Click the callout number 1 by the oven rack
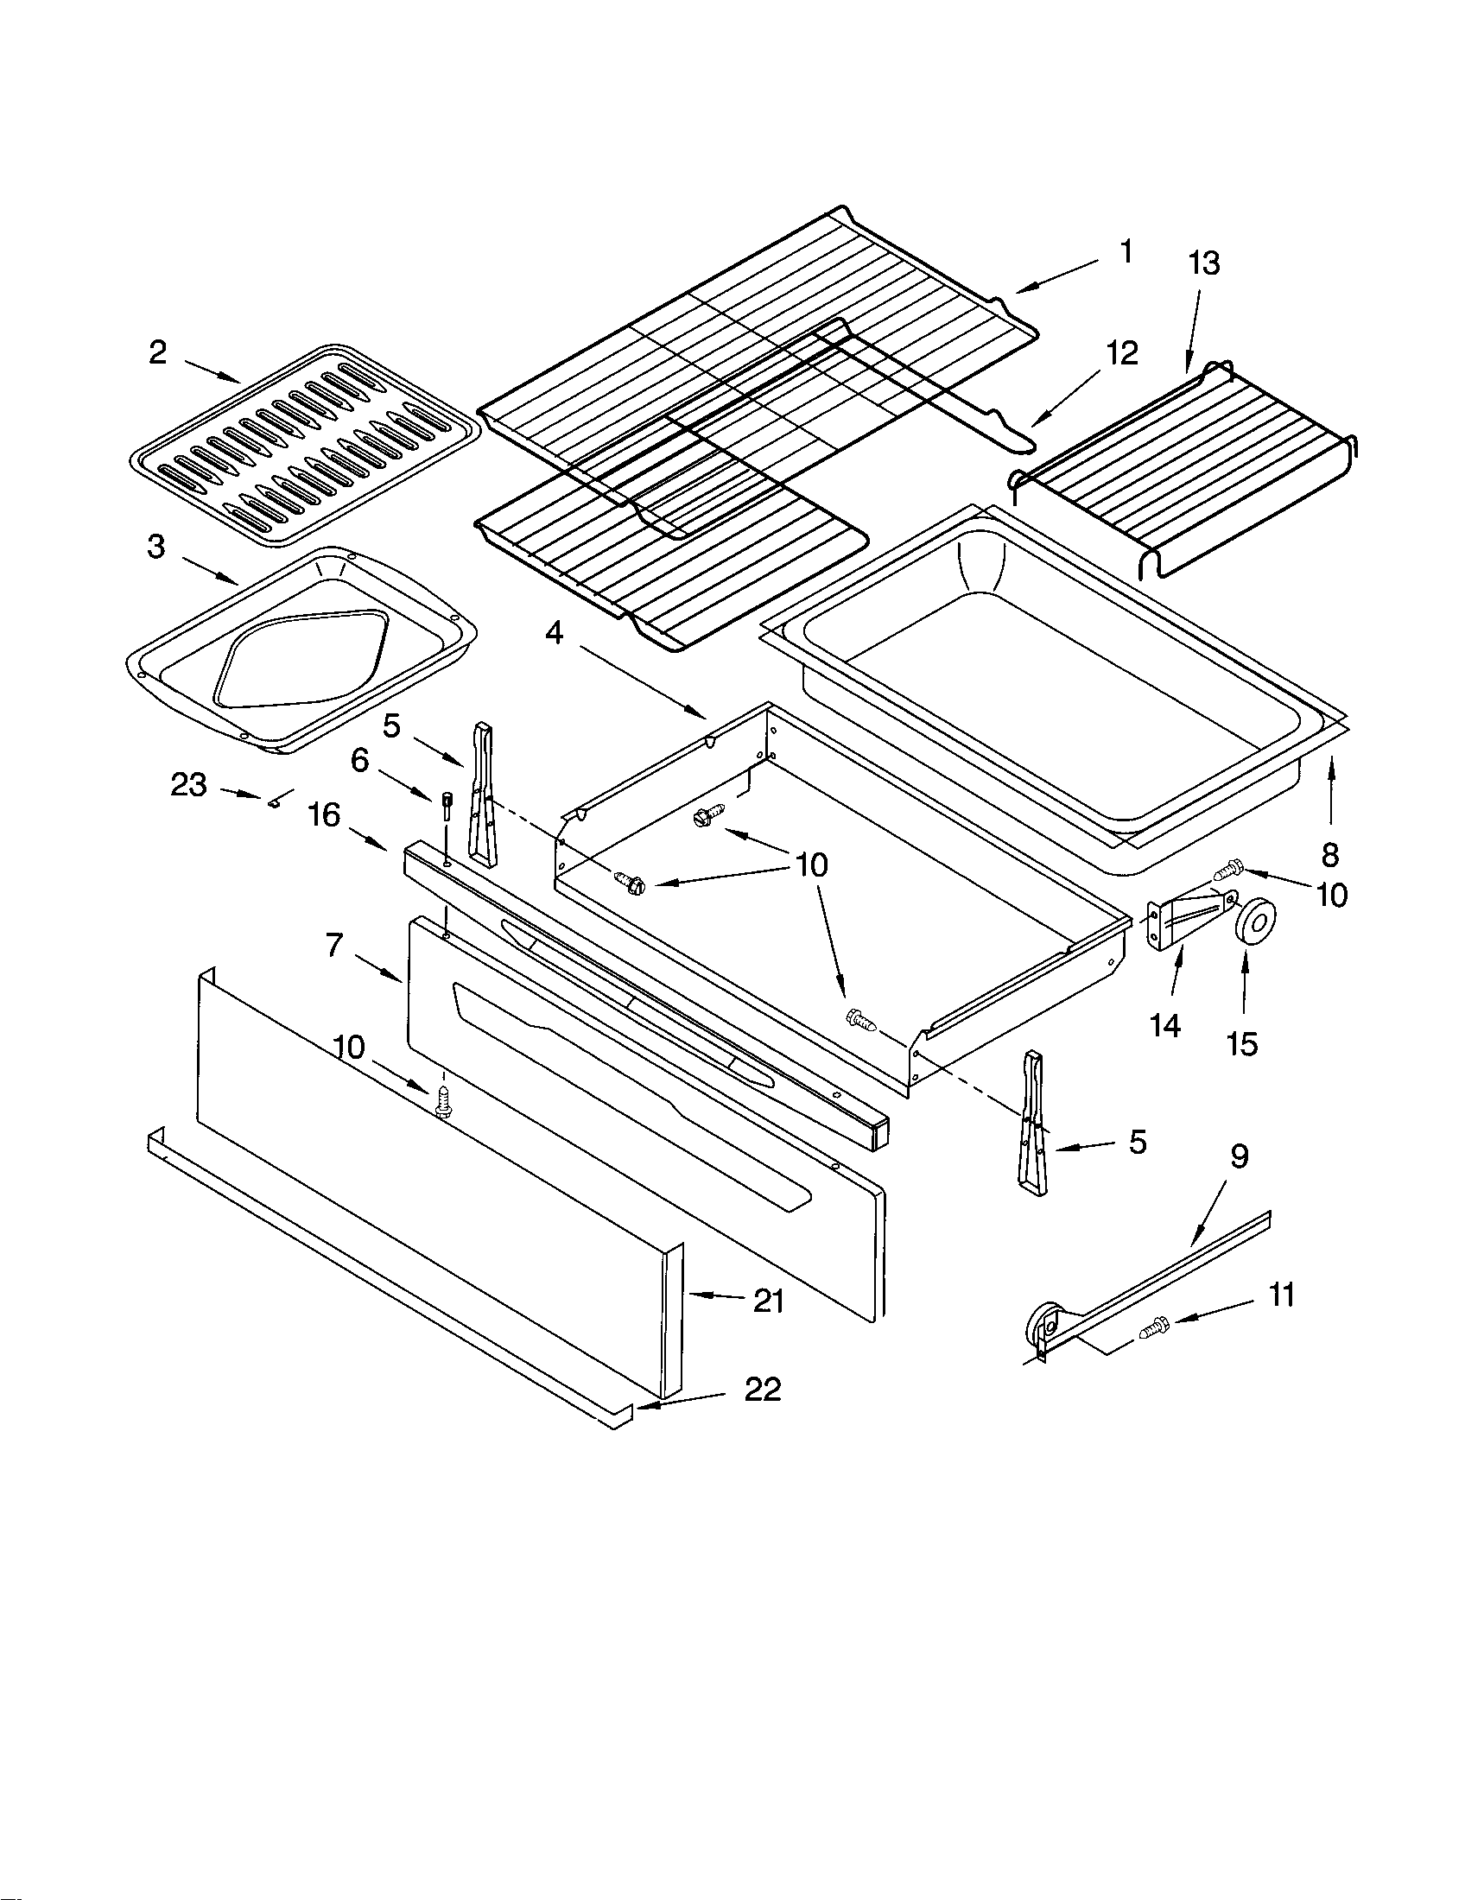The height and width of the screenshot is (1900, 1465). [x=1126, y=252]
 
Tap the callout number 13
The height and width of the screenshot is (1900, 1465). [x=1204, y=263]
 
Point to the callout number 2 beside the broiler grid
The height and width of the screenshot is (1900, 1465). [x=157, y=352]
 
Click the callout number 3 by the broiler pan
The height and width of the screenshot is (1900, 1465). [x=155, y=548]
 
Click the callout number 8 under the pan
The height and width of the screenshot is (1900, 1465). [x=1329, y=855]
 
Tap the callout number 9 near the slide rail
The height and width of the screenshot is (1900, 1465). [x=1239, y=1156]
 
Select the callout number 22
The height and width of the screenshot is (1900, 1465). [x=762, y=1390]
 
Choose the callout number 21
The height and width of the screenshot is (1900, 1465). [x=768, y=1301]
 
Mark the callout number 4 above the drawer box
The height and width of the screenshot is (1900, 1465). [x=555, y=633]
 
